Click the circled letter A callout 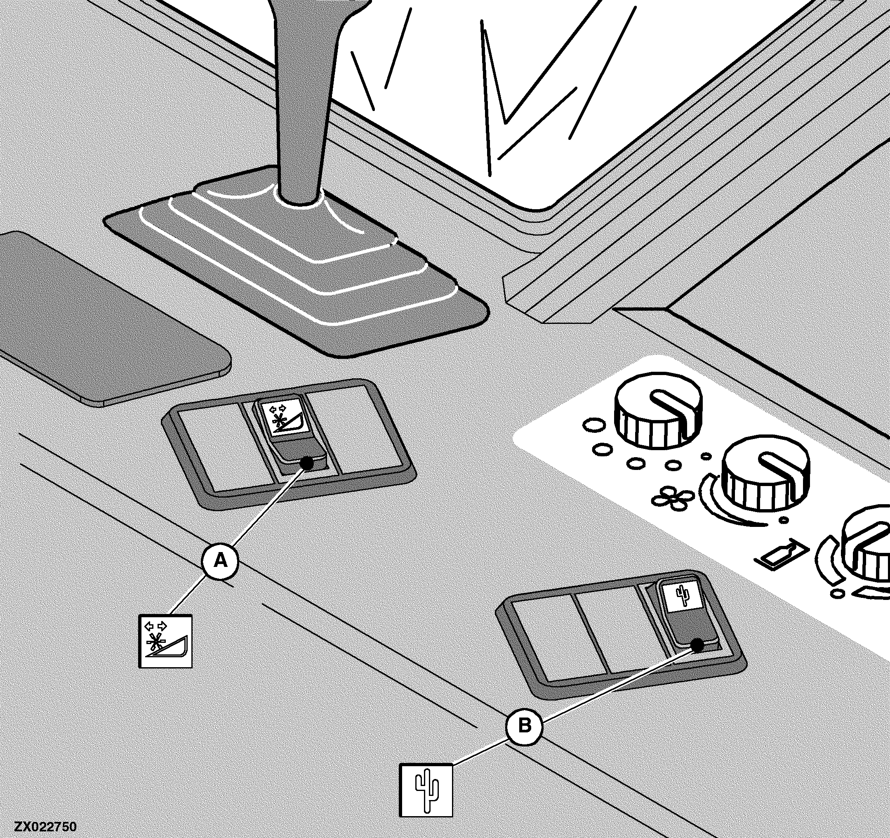tap(220, 560)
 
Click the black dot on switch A tap(307, 463)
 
